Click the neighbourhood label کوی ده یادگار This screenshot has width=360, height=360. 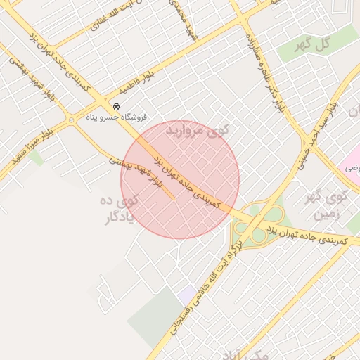coord(120,210)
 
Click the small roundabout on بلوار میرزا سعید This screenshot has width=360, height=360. coord(72,120)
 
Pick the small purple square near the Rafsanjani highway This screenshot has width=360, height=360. coord(187,296)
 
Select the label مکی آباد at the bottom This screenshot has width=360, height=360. coord(243,354)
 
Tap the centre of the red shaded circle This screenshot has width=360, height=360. coord(180,180)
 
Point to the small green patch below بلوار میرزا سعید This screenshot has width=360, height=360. coord(36,158)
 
